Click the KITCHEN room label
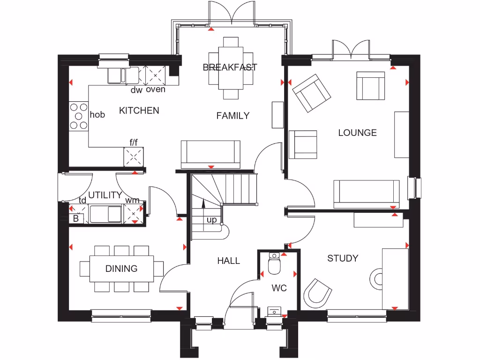[139, 111]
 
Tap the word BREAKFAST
[230, 67]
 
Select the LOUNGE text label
[357, 133]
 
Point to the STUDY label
[343, 258]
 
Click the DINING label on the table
[121, 269]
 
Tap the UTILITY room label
[105, 195]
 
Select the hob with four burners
[79, 116]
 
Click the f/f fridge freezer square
[134, 157]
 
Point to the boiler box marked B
[75, 218]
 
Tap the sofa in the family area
[210, 153]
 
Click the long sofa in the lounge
[366, 194]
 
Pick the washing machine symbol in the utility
[134, 214]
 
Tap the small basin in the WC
[273, 311]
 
